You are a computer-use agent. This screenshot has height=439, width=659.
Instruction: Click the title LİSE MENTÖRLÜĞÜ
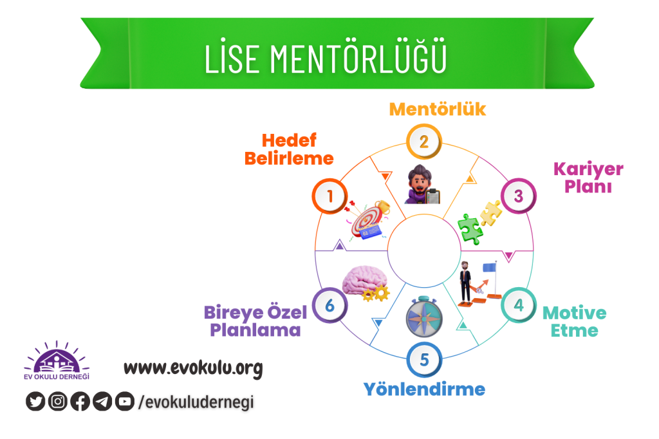[x=326, y=58]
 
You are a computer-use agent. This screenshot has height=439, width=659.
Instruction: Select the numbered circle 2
[x=424, y=141]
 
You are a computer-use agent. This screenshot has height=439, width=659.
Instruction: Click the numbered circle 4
[x=519, y=304]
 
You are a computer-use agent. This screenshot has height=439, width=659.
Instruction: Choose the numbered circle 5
[x=424, y=359]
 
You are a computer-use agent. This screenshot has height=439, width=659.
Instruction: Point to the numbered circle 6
[x=330, y=304]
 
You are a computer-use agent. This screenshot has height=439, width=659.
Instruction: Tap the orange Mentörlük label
[x=438, y=109]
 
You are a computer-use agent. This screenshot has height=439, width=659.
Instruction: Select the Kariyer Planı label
[x=588, y=178]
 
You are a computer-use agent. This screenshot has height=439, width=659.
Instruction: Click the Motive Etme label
[x=574, y=322]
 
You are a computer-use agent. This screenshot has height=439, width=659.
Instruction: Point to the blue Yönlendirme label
[x=424, y=389]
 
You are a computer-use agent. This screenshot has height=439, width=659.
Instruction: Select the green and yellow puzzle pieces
[x=479, y=222]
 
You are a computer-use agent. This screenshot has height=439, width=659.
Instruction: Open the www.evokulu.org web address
[x=193, y=368]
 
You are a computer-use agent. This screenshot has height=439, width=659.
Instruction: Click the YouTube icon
[x=124, y=402]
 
